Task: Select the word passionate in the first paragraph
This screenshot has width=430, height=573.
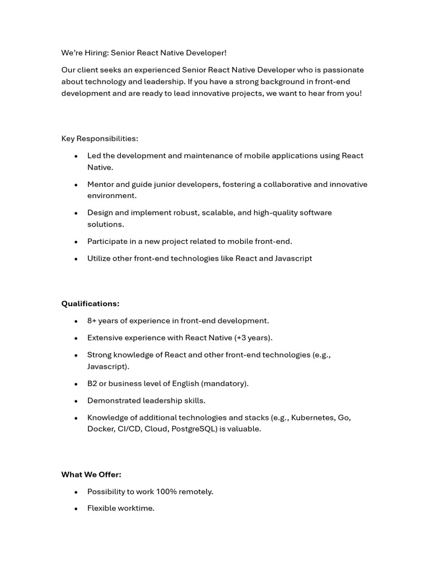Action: (x=344, y=70)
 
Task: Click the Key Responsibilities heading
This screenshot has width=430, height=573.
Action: (x=100, y=138)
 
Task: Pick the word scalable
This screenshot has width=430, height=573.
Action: (x=214, y=213)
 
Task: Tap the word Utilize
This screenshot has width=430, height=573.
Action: (x=99, y=259)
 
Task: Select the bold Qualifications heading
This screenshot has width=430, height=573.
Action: (x=90, y=304)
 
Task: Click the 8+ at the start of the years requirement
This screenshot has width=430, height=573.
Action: (x=93, y=321)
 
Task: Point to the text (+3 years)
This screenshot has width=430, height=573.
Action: (x=253, y=338)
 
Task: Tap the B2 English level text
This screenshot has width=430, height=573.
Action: (x=92, y=383)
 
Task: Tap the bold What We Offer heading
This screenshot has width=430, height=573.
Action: (x=91, y=475)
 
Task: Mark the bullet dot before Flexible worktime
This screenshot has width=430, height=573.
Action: (x=76, y=509)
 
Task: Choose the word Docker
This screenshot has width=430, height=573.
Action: (x=100, y=429)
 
